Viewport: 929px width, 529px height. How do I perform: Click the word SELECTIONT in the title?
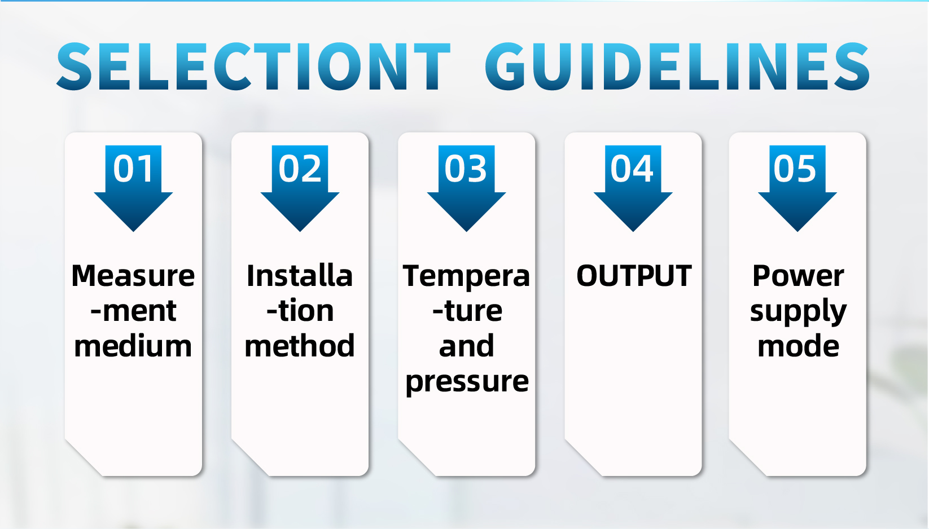[253, 66]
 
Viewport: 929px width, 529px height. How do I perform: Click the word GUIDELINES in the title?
[677, 66]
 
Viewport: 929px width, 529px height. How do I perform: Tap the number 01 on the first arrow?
[133, 168]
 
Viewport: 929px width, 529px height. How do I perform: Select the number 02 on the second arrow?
[300, 168]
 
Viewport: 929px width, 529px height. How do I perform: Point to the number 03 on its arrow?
[466, 168]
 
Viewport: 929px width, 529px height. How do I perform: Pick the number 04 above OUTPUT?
[632, 168]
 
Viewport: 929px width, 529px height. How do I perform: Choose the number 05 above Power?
[795, 168]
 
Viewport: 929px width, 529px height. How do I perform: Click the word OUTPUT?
[634, 275]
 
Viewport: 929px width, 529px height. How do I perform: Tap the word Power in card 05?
[798, 275]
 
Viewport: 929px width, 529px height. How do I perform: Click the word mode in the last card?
[798, 346]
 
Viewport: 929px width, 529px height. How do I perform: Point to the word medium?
[133, 346]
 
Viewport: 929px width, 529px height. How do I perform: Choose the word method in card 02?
[300, 346]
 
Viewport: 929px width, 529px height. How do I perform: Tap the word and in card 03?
[467, 346]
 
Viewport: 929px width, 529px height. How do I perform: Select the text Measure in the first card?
[133, 275]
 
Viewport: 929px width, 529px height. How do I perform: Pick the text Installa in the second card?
[300, 275]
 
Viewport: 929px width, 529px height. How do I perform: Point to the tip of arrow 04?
[633, 231]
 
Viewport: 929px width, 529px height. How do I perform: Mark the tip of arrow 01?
[133, 231]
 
